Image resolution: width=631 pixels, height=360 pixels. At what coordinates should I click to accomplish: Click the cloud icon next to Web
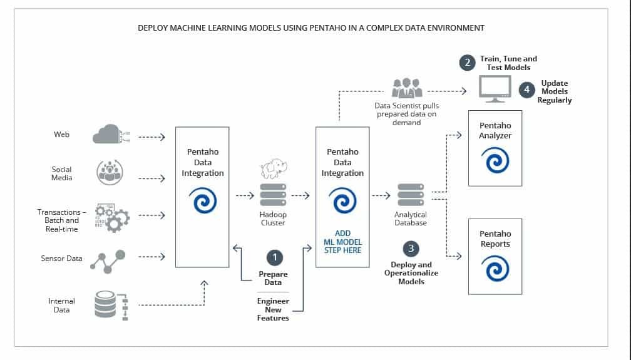pos(106,135)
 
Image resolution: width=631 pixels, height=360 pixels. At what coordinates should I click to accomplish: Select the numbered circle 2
pos(466,63)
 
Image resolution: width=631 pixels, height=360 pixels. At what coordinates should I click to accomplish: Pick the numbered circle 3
pos(411,249)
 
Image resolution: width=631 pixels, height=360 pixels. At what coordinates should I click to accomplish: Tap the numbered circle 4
pos(526,90)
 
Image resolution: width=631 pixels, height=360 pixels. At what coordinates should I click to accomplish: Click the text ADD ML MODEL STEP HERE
pos(342,242)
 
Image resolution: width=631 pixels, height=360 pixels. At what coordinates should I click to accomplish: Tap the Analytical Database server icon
pos(411,195)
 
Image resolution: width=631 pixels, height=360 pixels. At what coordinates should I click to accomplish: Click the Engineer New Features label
pos(273,309)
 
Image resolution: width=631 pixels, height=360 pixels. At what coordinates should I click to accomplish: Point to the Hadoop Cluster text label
pos(273,219)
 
